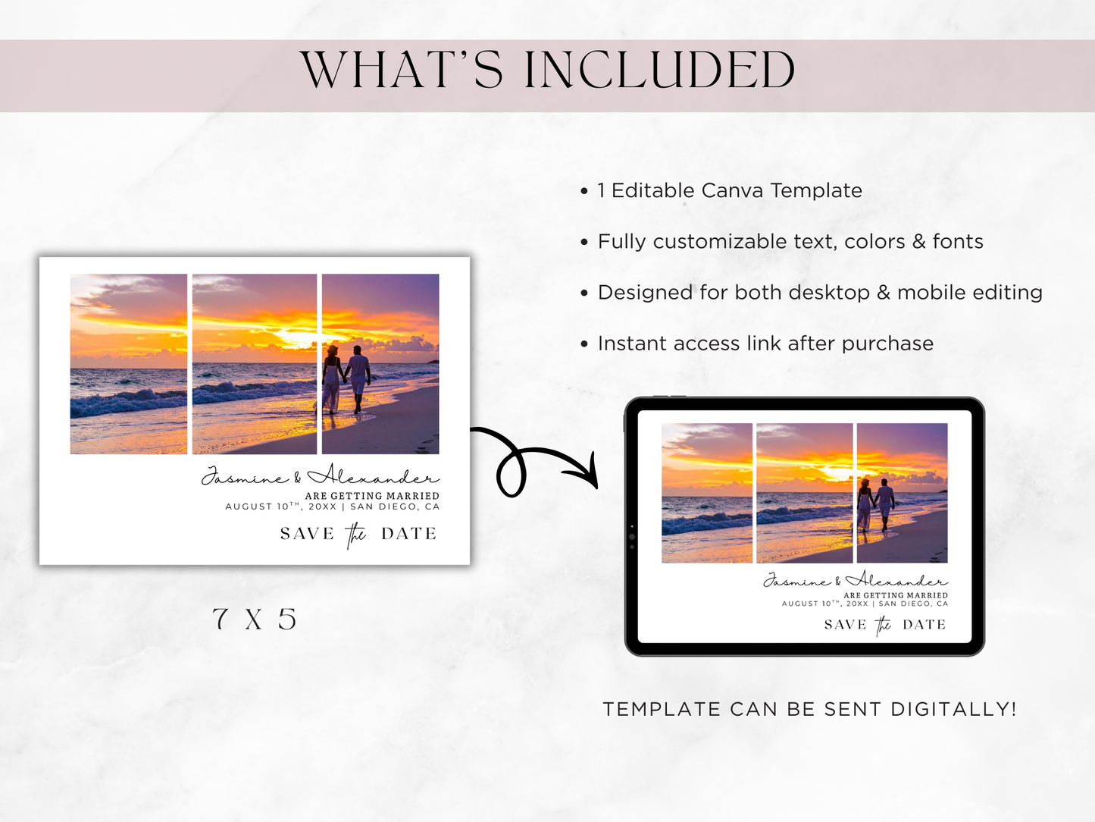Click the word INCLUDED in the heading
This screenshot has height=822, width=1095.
[659, 71]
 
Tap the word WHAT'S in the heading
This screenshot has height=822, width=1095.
[402, 71]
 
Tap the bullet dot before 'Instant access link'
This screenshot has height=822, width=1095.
[584, 344]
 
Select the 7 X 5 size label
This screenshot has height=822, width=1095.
[255, 620]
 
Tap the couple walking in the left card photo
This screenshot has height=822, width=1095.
[346, 378]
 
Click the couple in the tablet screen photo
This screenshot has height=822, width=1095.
[875, 504]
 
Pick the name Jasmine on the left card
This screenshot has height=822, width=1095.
[244, 478]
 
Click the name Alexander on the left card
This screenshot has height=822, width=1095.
[373, 475]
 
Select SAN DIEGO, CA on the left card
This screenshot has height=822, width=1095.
[395, 507]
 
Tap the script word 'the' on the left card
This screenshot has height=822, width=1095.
[356, 535]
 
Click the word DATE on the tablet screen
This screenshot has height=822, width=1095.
[924, 625]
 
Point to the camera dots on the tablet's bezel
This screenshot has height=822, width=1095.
[632, 536]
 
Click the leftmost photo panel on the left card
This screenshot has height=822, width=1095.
[129, 364]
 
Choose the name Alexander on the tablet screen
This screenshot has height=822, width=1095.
[896, 581]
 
